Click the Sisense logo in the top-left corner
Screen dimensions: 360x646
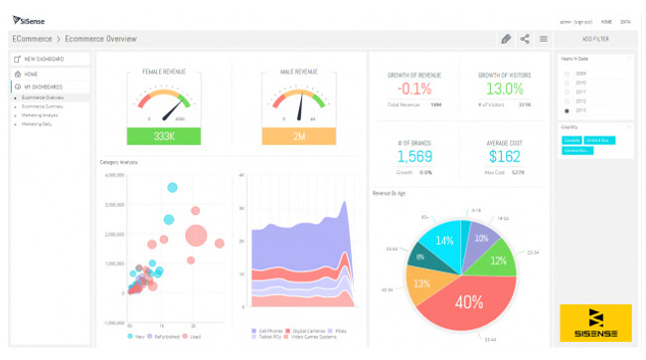click(x=30, y=20)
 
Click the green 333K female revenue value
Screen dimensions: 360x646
click(x=165, y=136)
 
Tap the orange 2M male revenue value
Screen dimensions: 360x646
click(x=299, y=136)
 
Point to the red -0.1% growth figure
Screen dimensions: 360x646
click(x=416, y=90)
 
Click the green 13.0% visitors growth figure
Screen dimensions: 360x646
click(x=505, y=90)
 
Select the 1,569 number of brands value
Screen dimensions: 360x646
click(x=415, y=156)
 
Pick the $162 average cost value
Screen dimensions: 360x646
click(x=505, y=156)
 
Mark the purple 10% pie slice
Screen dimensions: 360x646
click(x=481, y=239)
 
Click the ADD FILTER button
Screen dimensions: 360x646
click(x=594, y=39)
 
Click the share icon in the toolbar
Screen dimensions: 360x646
click(x=525, y=39)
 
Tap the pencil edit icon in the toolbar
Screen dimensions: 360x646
click(x=506, y=39)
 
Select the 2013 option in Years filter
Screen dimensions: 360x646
click(x=566, y=110)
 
